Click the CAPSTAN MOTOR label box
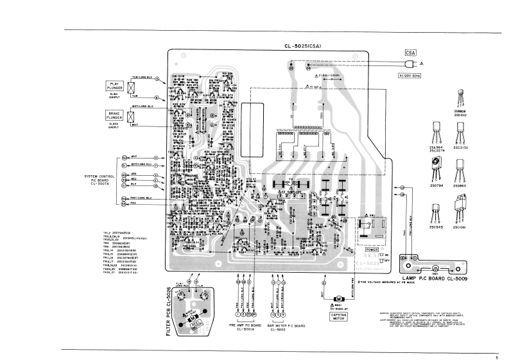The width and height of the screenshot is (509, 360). [x=338, y=316]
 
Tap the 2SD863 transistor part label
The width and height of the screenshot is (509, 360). [x=460, y=186]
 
